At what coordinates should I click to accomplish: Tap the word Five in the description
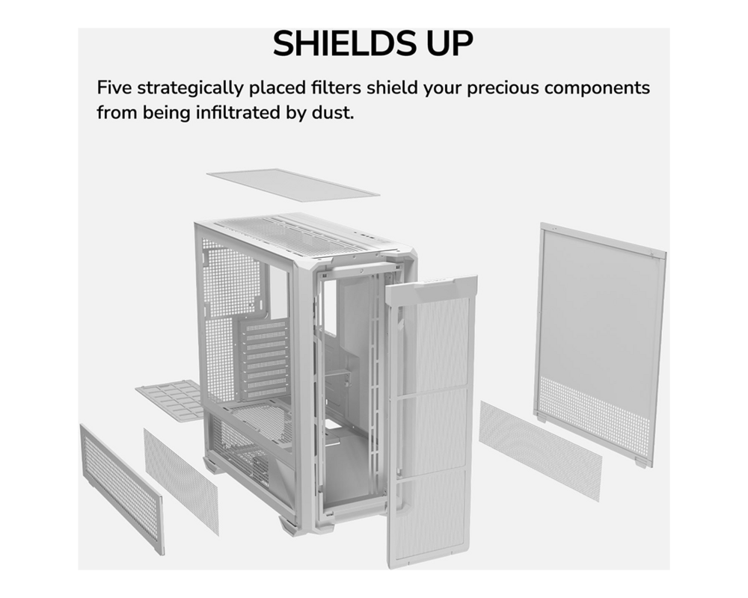(114, 87)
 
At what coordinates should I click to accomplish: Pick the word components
(597, 88)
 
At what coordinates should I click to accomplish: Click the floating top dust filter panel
(292, 183)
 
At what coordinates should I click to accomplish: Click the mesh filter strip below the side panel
(540, 449)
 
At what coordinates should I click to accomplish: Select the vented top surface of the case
(299, 232)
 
